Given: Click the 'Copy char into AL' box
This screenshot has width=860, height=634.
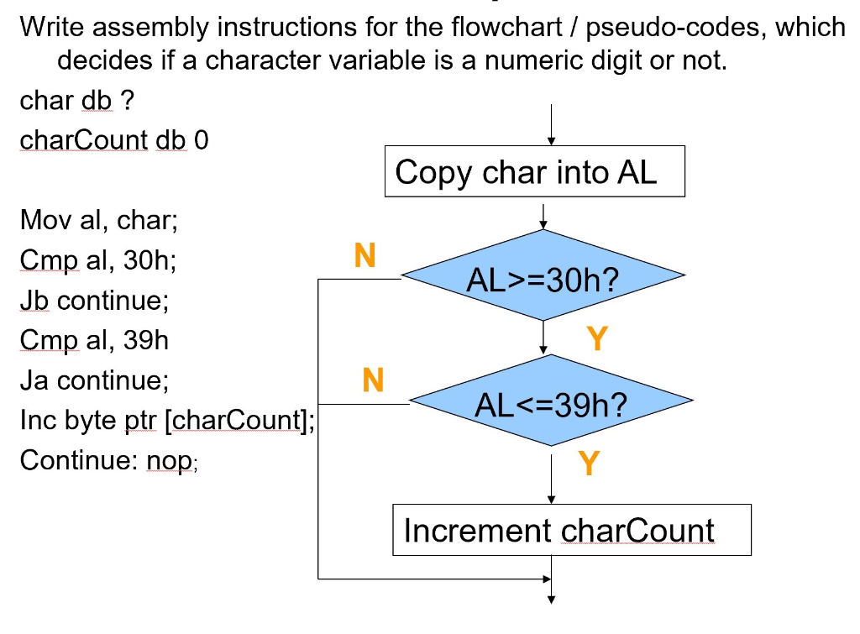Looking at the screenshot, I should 535,172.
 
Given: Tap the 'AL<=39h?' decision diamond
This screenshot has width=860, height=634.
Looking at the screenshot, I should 551,404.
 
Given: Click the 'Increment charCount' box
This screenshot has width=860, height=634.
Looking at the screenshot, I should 572,530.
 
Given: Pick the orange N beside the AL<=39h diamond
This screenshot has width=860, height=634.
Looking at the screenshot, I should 373,381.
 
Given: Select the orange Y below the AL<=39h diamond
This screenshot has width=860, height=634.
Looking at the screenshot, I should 589,462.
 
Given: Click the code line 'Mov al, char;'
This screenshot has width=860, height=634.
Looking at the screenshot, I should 99,222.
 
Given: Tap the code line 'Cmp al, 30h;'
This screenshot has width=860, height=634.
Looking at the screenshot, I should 97,261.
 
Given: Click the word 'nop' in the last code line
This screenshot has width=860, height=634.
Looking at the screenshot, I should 174,461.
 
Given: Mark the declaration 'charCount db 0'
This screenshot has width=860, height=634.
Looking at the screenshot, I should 113,139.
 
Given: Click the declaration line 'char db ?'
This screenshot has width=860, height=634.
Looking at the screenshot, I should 76,101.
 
